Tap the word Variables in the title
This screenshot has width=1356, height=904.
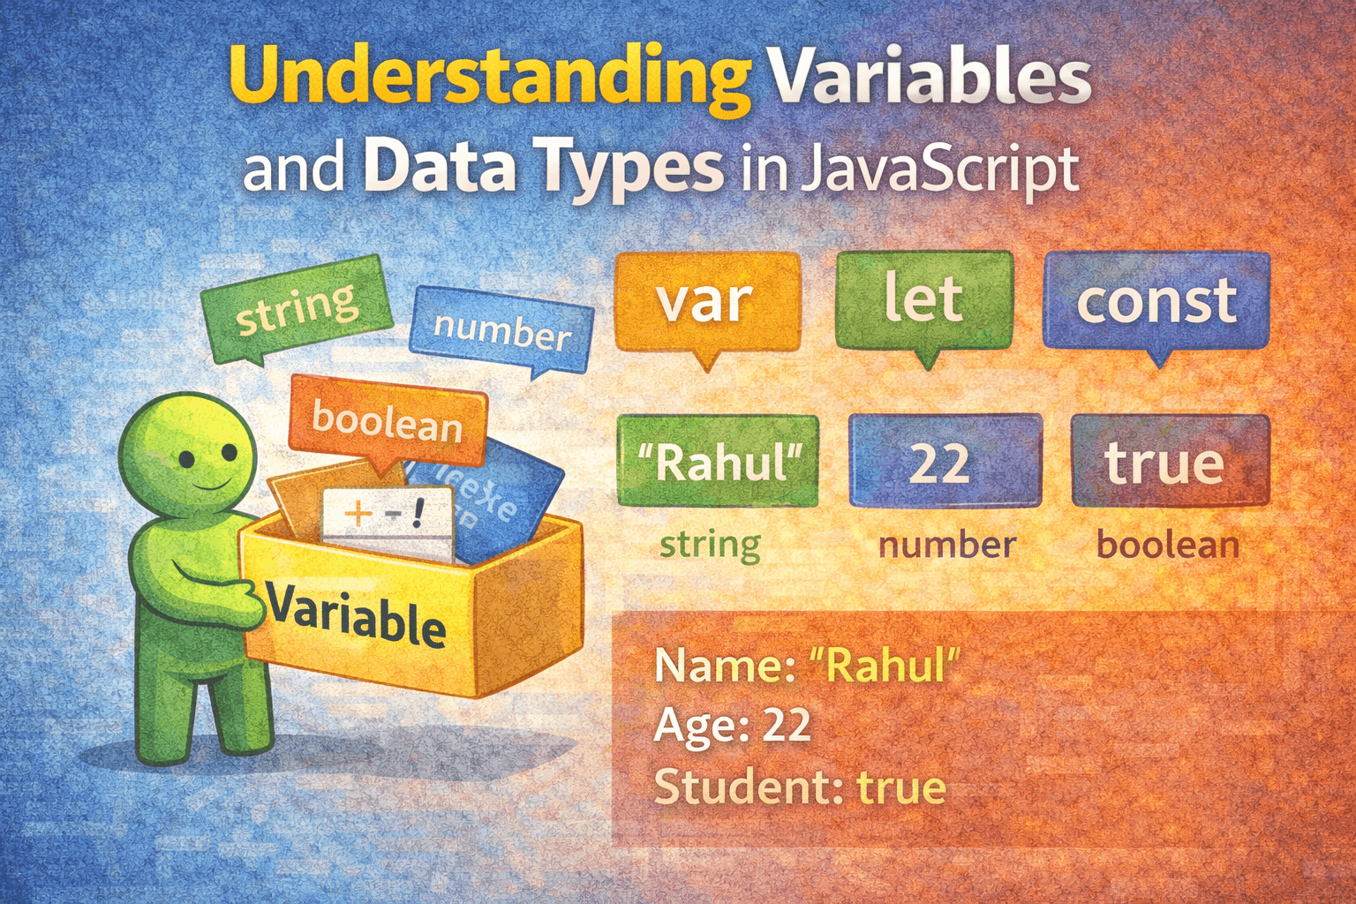click(x=930, y=78)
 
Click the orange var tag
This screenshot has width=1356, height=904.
click(x=706, y=302)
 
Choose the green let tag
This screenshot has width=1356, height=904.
click(x=923, y=300)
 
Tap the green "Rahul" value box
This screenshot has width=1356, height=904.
click(x=719, y=462)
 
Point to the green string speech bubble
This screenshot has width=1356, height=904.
click(x=297, y=309)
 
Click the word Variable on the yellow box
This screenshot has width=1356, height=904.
click(x=357, y=614)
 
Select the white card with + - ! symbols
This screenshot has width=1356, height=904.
click(x=388, y=521)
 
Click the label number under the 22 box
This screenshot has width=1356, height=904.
click(x=946, y=546)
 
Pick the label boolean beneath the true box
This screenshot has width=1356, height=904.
click(x=1167, y=545)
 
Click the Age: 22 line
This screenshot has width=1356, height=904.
click(x=733, y=726)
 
